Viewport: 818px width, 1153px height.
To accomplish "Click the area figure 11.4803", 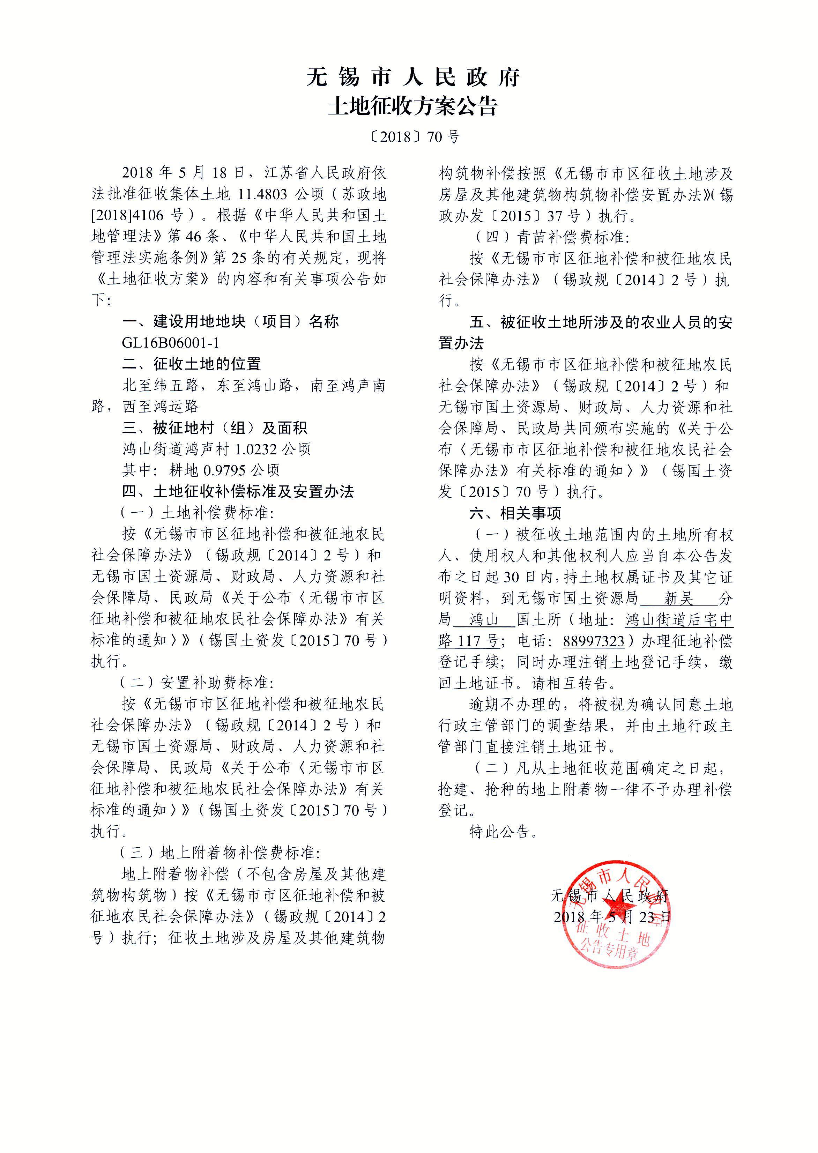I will [262, 194].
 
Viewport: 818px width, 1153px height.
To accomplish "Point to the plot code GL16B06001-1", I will [171, 343].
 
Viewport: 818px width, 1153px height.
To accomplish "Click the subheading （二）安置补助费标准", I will [196, 683].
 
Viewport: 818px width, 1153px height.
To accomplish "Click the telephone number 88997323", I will [593, 641].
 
